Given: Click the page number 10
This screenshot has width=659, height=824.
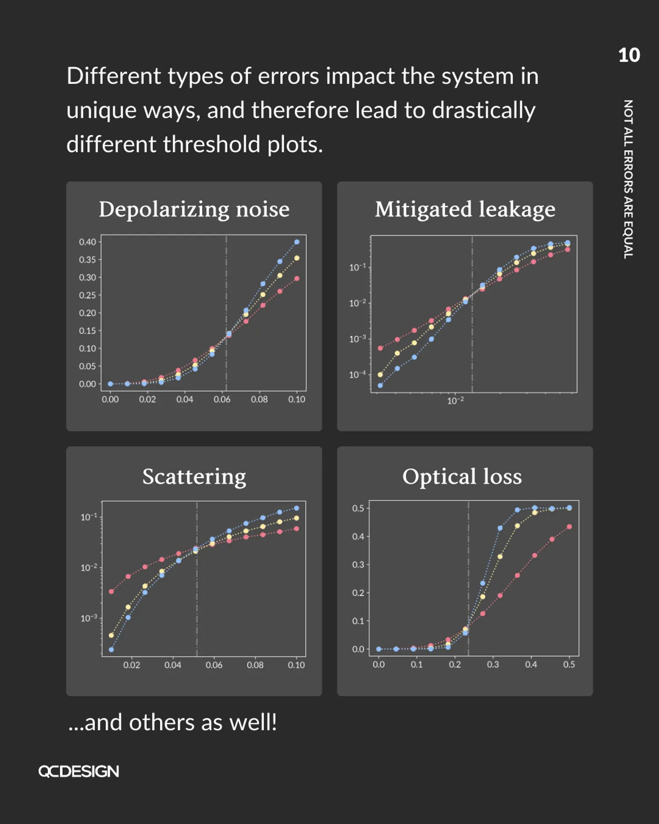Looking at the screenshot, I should pos(629,55).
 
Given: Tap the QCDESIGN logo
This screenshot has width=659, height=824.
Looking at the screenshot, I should pos(79,771).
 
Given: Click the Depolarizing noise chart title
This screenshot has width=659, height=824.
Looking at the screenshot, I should pos(194,209).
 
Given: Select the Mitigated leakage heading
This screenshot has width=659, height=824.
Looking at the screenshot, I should pos(465,209).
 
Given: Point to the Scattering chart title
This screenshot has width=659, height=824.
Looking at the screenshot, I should pos(194,476).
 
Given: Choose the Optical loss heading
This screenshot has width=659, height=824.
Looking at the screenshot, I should pos(462,476).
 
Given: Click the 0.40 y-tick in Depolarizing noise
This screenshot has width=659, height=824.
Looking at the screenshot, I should pos(87,242).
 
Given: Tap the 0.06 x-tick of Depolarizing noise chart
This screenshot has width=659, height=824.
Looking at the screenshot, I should pos(222,399).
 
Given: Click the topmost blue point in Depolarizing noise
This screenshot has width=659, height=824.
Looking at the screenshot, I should pos(297,242).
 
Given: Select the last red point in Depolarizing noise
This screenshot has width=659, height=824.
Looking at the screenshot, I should pos(297,279).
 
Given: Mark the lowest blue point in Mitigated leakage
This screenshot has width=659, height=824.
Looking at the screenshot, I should pos(380,385).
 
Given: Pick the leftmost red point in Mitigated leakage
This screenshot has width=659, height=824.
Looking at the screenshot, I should pos(380,348).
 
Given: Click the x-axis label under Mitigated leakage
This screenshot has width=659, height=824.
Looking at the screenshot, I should pos(455,400).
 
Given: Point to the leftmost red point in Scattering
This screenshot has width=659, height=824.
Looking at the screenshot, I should pos(111,592).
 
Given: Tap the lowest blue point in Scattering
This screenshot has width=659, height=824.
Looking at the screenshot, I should pos(111,650).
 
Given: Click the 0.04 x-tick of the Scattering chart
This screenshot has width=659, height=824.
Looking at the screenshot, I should pos(173,665).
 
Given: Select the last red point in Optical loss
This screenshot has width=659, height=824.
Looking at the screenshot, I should pos(569,526).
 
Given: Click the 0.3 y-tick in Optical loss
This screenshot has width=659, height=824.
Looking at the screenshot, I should pos(358,565).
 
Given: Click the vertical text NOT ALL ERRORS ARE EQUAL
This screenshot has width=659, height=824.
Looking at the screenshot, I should pos(628,179).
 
